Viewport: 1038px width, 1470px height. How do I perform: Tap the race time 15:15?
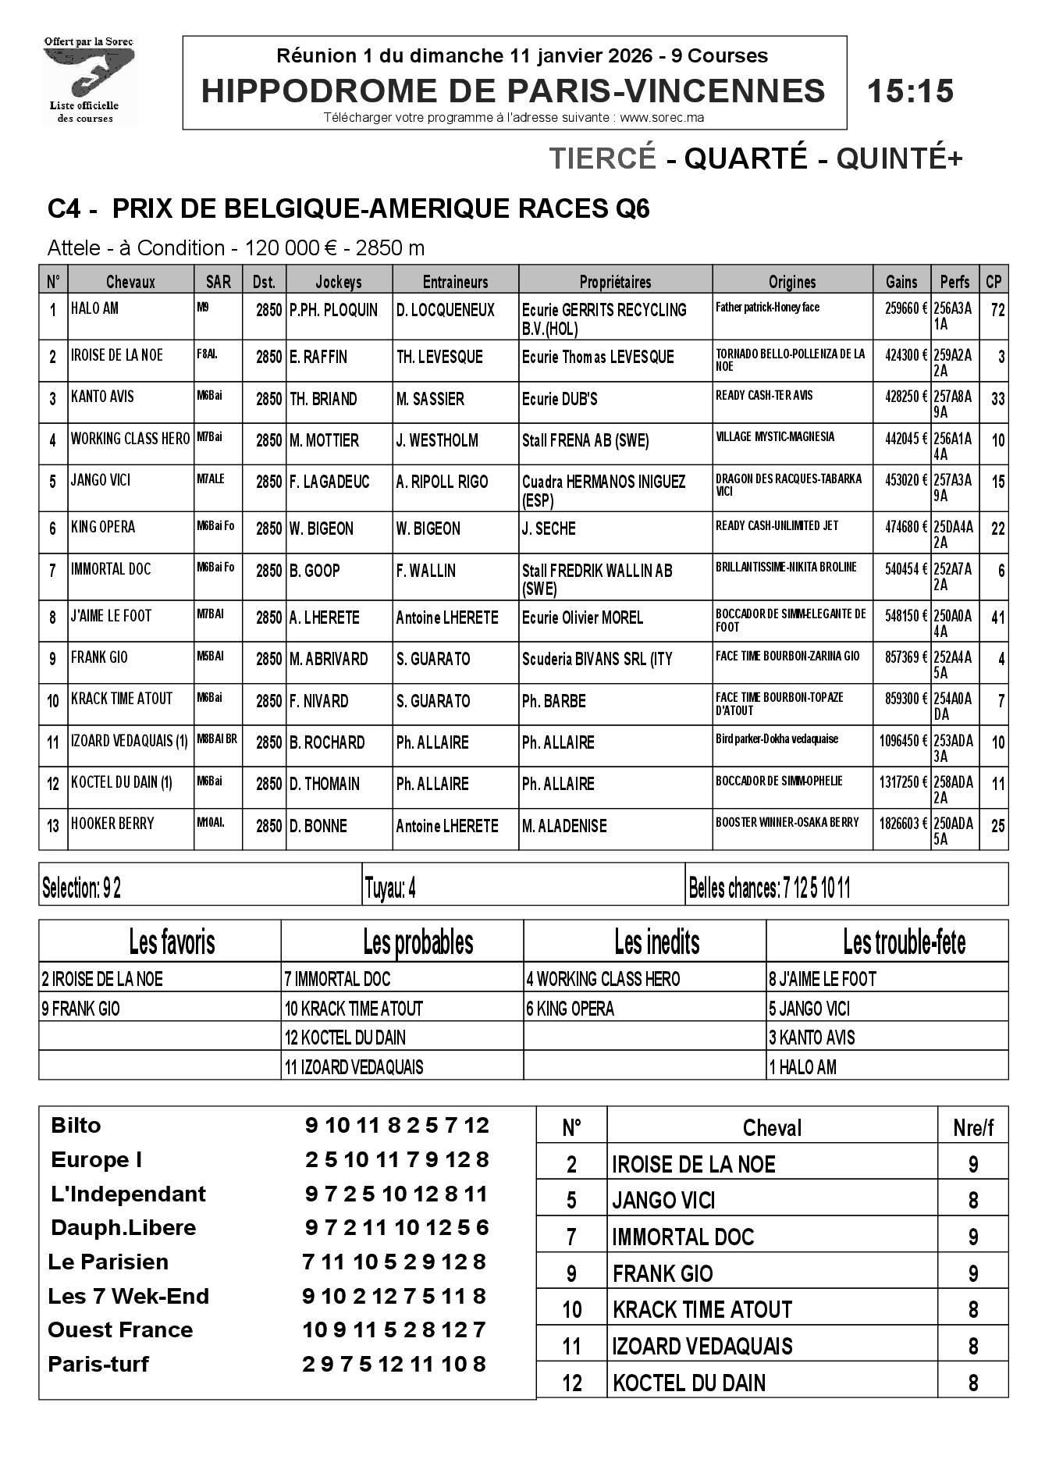tap(910, 91)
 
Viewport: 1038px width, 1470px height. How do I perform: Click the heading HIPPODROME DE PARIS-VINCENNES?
tap(513, 91)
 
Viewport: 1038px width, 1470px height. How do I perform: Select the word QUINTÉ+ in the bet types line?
tap(899, 158)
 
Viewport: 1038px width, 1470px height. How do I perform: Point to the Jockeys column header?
tap(339, 282)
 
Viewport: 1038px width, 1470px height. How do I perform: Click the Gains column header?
tap(901, 282)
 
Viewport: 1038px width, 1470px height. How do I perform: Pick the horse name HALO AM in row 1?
tap(94, 308)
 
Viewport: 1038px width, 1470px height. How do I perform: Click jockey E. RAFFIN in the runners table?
tap(318, 357)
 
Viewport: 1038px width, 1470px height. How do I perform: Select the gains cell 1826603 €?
tap(900, 823)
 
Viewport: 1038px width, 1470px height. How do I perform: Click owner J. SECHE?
tap(549, 529)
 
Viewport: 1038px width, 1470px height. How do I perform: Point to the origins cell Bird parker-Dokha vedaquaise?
tap(777, 739)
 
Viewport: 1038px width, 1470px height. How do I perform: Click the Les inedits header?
tap(656, 942)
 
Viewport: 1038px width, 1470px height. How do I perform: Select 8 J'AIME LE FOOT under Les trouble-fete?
tap(823, 979)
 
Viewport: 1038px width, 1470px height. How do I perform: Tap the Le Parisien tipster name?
tap(108, 1262)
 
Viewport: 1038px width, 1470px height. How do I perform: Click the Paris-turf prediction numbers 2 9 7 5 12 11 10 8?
tap(393, 1364)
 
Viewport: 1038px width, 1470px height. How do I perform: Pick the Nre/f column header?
tap(972, 1128)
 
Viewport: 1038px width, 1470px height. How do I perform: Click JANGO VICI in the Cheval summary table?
tap(663, 1200)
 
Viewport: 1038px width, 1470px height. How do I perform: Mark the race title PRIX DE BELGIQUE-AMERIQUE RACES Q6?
tap(381, 209)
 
